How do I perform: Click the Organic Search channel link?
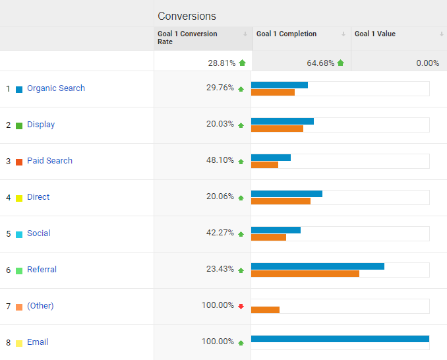pos(56,88)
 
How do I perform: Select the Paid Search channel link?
pos(49,161)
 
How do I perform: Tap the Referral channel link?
pos(42,270)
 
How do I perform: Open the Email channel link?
pos(38,342)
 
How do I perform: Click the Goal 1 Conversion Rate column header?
pos(187,38)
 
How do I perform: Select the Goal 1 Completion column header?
pos(286,34)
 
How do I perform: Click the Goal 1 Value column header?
pos(375,34)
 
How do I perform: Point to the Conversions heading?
pos(187,16)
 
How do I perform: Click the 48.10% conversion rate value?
pos(220,160)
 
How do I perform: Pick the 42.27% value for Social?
pos(220,233)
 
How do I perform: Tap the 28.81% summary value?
pos(222,63)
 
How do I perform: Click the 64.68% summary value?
pos(320,63)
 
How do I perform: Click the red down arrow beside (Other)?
pos(241,307)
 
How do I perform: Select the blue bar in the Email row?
pos(340,339)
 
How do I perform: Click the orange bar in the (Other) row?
pos(265,310)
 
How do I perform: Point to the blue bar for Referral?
pos(318,266)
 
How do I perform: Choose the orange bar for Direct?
pos(281,201)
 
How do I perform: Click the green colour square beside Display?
pos(19,126)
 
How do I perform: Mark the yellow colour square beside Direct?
pos(19,198)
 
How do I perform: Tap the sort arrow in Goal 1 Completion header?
pos(343,34)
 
